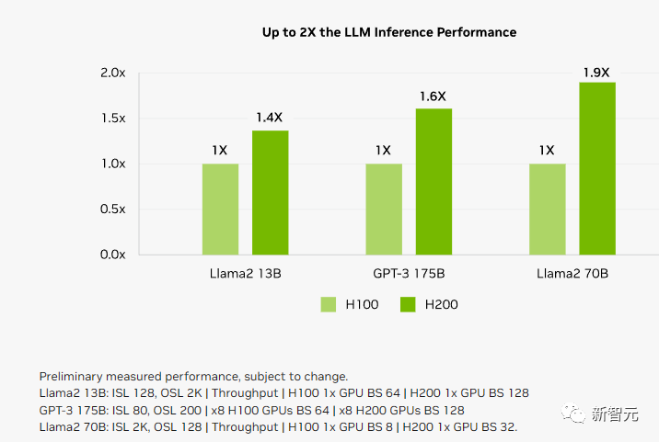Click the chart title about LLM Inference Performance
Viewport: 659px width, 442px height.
tap(389, 32)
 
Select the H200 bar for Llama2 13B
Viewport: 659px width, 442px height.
tap(271, 192)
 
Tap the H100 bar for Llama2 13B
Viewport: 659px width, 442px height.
tap(221, 209)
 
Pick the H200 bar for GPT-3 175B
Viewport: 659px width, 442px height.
tap(434, 181)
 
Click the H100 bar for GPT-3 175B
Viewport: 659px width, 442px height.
tap(384, 209)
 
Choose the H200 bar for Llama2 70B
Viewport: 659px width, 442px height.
tap(597, 168)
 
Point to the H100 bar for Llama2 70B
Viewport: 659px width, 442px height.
tap(548, 209)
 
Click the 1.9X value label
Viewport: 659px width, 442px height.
tap(597, 71)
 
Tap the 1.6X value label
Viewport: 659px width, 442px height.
tap(434, 96)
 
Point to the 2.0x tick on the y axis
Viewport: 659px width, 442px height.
tap(112, 73)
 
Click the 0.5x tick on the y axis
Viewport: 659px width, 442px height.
tap(112, 209)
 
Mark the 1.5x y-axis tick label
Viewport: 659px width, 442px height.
tap(112, 119)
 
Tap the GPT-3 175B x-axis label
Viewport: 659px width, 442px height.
tap(408, 274)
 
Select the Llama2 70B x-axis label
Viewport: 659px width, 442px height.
tap(572, 274)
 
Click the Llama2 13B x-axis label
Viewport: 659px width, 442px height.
tap(246, 274)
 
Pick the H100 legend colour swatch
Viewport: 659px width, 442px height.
tap(329, 304)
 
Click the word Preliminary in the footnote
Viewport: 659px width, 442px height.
tap(73, 377)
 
